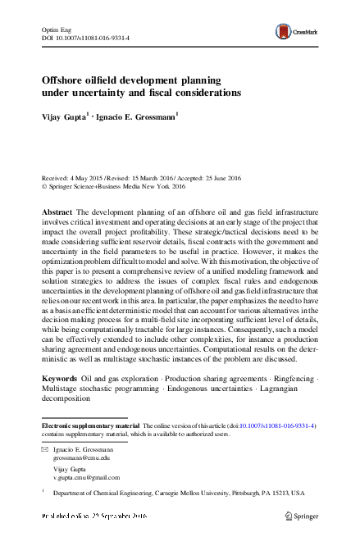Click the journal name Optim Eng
click(56, 28)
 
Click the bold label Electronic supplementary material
click(90, 426)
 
